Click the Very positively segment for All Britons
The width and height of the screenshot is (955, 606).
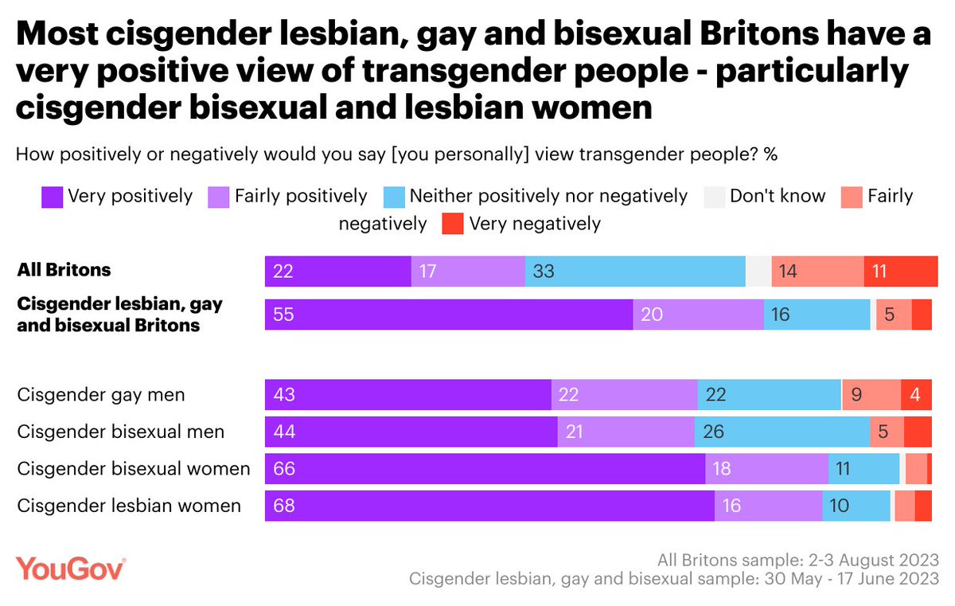(337, 271)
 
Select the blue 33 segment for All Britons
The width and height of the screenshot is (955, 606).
(634, 271)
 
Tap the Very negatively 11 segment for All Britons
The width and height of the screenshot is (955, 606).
(901, 271)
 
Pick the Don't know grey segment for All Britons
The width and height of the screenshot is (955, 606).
(758, 271)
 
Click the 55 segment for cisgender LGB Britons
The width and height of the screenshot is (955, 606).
(449, 315)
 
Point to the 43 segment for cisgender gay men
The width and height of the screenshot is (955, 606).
(407, 394)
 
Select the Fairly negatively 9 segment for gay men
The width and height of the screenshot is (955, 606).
(871, 394)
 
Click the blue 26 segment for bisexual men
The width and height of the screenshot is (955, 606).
(782, 432)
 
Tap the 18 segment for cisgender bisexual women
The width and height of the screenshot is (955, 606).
(766, 469)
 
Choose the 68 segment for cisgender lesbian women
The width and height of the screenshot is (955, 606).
(489, 506)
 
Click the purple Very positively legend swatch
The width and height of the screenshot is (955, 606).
(52, 197)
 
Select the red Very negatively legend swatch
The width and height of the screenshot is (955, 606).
(452, 225)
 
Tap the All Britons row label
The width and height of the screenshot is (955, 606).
(64, 270)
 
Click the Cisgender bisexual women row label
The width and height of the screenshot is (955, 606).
(134, 468)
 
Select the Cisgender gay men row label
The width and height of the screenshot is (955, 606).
(101, 394)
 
